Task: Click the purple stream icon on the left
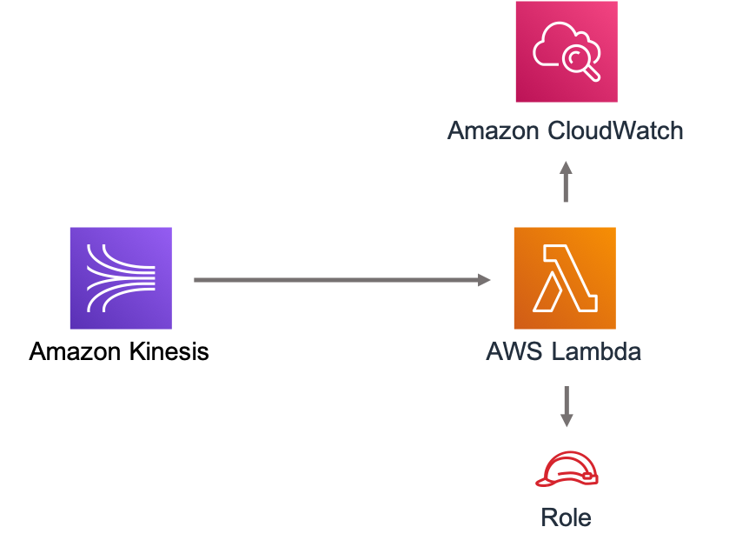coord(121,278)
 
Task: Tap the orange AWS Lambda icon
coord(565,278)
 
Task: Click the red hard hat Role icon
coord(567,469)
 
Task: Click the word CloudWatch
coord(616,131)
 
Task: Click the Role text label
coord(566,518)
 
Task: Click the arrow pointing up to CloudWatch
coord(566,182)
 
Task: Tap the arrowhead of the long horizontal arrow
coord(485,280)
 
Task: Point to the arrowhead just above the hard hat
coord(567,421)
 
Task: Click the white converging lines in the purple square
coord(121,278)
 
